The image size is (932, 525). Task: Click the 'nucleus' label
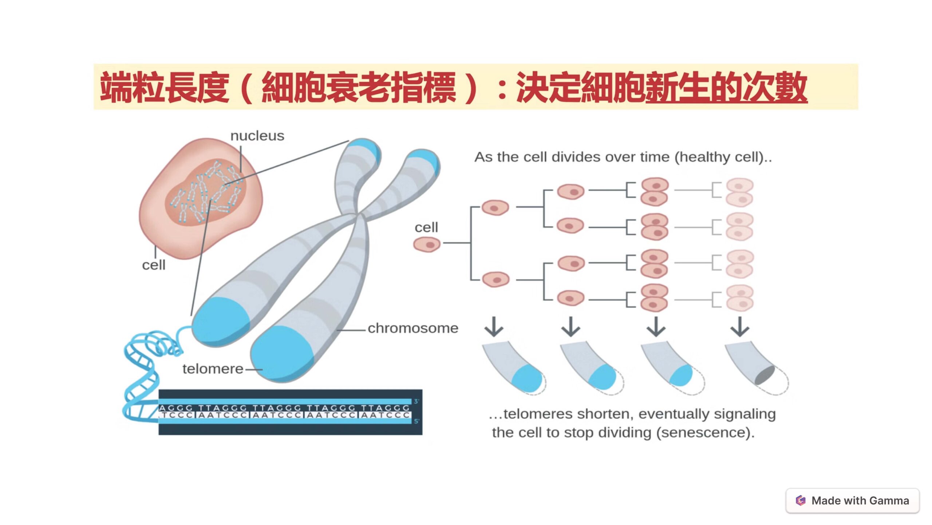(257, 136)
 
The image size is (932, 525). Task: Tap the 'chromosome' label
(413, 328)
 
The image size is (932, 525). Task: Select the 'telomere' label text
(213, 369)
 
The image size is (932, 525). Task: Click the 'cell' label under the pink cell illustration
(154, 265)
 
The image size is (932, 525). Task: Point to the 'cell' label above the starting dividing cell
(426, 227)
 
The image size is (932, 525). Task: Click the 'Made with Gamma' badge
(852, 501)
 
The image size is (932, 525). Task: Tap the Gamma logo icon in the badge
(800, 501)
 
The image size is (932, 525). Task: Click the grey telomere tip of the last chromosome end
(765, 375)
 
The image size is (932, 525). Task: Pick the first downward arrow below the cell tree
(494, 326)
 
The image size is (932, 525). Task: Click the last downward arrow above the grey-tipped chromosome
(740, 326)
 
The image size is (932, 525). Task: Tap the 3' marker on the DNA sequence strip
(416, 401)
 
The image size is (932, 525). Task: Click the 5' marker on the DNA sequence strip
(416, 421)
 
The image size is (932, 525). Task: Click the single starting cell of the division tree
(427, 244)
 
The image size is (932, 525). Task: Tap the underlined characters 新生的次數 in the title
(726, 87)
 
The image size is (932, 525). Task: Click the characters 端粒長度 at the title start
(165, 87)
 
